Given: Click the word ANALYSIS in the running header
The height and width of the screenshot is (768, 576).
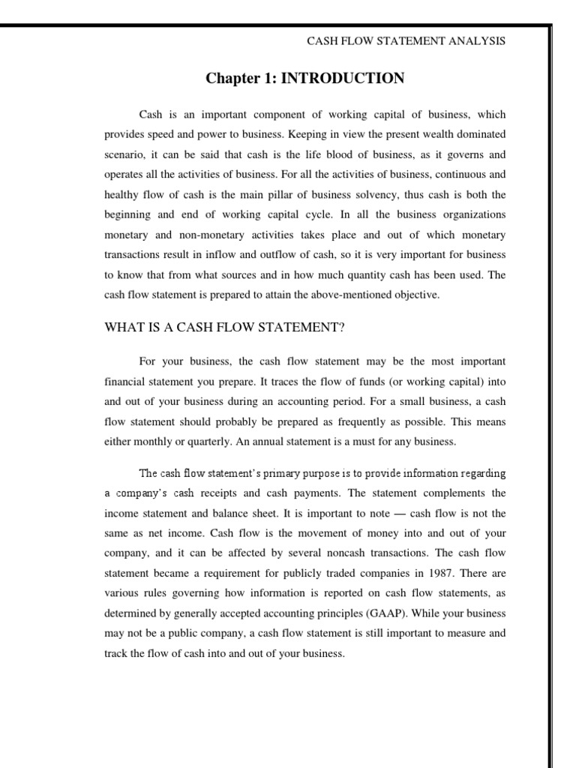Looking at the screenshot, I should point(478,42).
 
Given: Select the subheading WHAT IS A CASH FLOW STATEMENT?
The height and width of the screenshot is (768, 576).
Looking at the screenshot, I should point(224,326).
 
